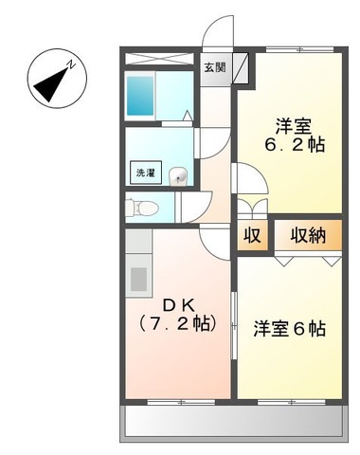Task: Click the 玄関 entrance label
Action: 215,67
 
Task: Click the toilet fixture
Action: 139,206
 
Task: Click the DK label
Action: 180,304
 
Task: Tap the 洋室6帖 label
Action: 290,329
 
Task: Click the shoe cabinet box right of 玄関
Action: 240,67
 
